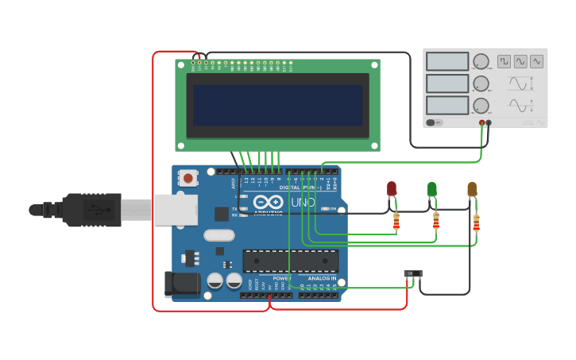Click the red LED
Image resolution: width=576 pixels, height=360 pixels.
click(392, 188)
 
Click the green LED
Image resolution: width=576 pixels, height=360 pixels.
click(431, 189)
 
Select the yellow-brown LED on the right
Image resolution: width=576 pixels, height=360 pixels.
click(472, 189)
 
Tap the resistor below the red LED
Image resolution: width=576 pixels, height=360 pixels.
click(396, 223)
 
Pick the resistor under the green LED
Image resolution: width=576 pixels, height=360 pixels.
click(435, 222)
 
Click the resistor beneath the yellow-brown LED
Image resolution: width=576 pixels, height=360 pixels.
click(476, 223)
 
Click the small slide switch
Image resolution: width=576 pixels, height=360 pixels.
click(413, 273)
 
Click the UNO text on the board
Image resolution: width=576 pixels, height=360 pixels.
click(303, 203)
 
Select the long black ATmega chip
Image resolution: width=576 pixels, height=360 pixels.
click(290, 260)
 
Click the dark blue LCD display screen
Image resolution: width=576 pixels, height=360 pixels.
click(277, 105)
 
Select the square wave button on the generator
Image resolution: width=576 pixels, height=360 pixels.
click(504, 61)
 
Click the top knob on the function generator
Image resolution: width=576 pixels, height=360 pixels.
click(481, 62)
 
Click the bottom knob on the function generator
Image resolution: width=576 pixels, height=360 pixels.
click(481, 105)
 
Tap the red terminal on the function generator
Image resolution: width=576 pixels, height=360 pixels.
click(481, 123)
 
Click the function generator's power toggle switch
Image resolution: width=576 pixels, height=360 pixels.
click(434, 122)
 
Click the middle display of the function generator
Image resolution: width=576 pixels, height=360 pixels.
click(447, 83)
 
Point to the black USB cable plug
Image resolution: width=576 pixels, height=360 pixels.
click(91, 210)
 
